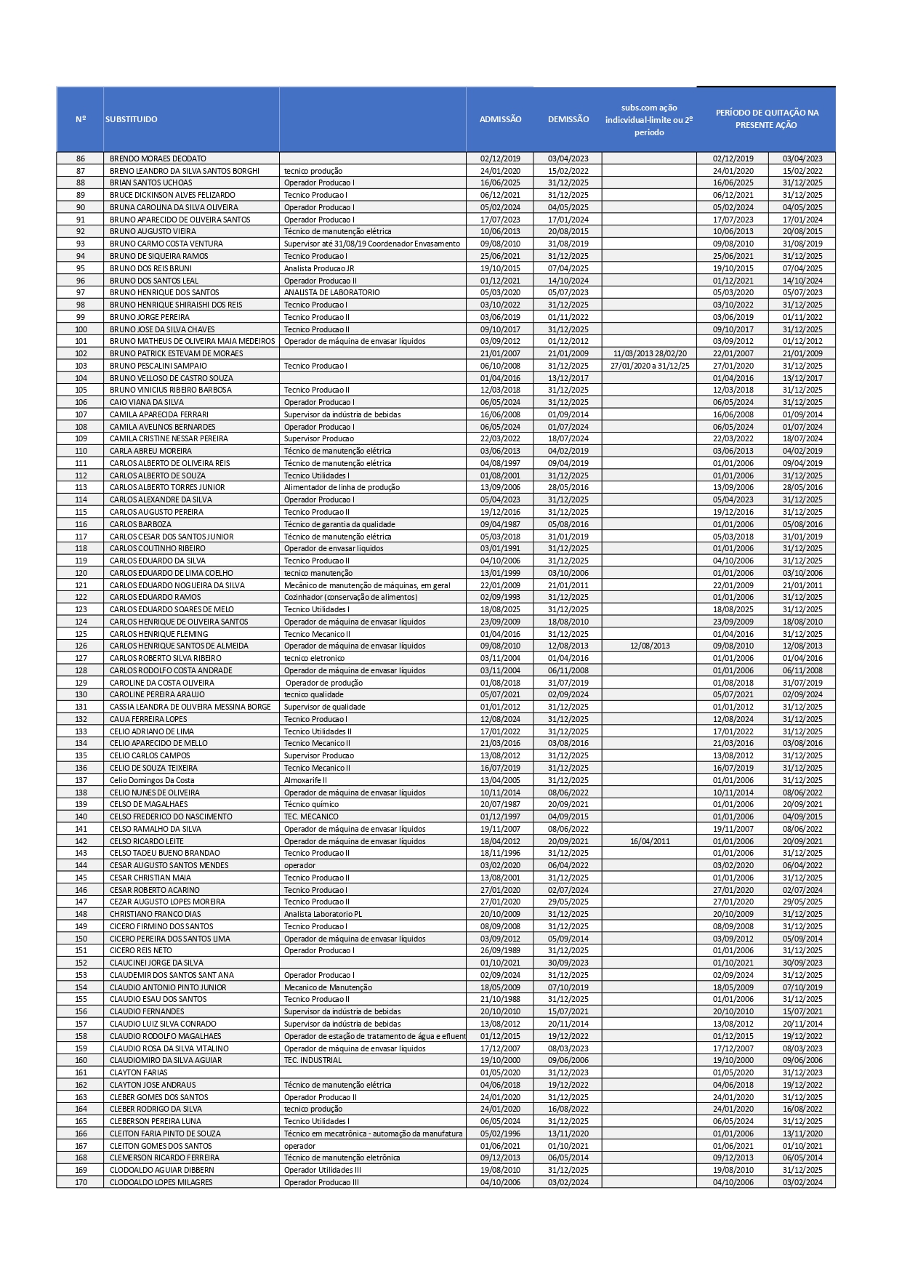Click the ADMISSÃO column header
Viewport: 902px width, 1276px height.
pos(500,119)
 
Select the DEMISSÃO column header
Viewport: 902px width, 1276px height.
pos(568,119)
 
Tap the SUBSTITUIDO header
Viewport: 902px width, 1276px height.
pos(132,119)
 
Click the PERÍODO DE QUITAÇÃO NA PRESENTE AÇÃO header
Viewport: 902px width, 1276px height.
pos(767,119)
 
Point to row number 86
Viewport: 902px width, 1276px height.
pos(81,159)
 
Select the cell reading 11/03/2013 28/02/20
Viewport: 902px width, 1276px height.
pos(649,353)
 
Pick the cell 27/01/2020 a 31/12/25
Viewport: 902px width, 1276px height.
pos(649,366)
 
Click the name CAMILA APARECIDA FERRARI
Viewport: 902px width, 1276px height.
pos(159,414)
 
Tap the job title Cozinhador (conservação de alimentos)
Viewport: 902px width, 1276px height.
pos(350,597)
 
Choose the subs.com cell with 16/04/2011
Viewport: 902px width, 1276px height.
pos(649,841)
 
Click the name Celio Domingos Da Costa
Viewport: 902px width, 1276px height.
pos(152,780)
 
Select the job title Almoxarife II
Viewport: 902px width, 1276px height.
pos(305,780)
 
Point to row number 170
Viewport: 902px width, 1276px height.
pos(81,1182)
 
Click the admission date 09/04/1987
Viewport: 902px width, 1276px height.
pos(500,524)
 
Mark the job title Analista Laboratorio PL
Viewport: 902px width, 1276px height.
pos(323,914)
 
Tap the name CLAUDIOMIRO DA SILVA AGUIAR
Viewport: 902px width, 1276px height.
pos(166,1060)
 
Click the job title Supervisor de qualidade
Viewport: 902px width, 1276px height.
pos(324,707)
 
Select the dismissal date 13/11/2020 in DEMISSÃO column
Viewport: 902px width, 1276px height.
pos(568,1133)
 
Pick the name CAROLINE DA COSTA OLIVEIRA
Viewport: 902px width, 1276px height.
pos(162,683)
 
